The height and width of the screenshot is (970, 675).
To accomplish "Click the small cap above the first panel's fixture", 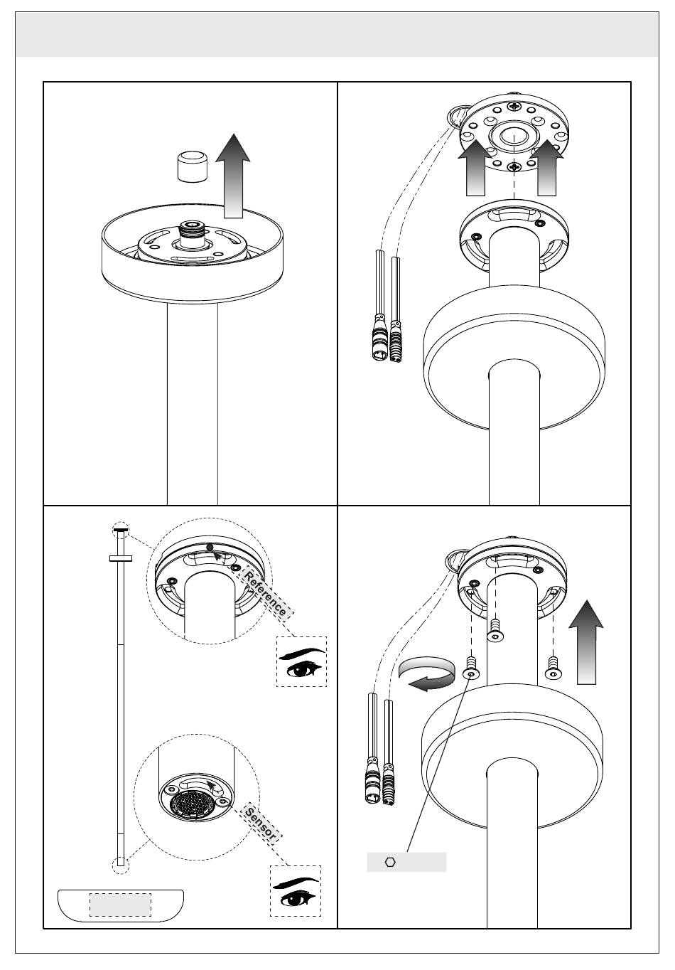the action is tap(192, 166).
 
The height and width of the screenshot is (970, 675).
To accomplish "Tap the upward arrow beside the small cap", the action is tap(233, 176).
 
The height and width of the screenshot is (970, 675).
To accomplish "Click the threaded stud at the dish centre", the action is tap(192, 235).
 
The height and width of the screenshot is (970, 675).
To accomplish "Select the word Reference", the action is tap(265, 594).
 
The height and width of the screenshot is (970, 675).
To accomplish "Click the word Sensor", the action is tap(261, 824).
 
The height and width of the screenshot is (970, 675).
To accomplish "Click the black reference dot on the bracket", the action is tap(210, 548).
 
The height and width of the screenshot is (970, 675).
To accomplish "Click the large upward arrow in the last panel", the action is tap(586, 642).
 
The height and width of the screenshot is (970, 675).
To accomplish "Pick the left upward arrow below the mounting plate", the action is tap(475, 168).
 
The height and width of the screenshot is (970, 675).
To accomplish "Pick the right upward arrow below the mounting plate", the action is tap(546, 168).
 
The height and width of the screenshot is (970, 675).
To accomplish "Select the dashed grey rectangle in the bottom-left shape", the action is tap(120, 905).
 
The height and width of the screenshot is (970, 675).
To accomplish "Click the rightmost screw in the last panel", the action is tap(551, 668).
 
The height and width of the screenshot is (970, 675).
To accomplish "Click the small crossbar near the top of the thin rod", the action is tap(121, 559).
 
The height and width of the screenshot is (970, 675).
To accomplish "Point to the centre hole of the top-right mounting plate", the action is tap(513, 136).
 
